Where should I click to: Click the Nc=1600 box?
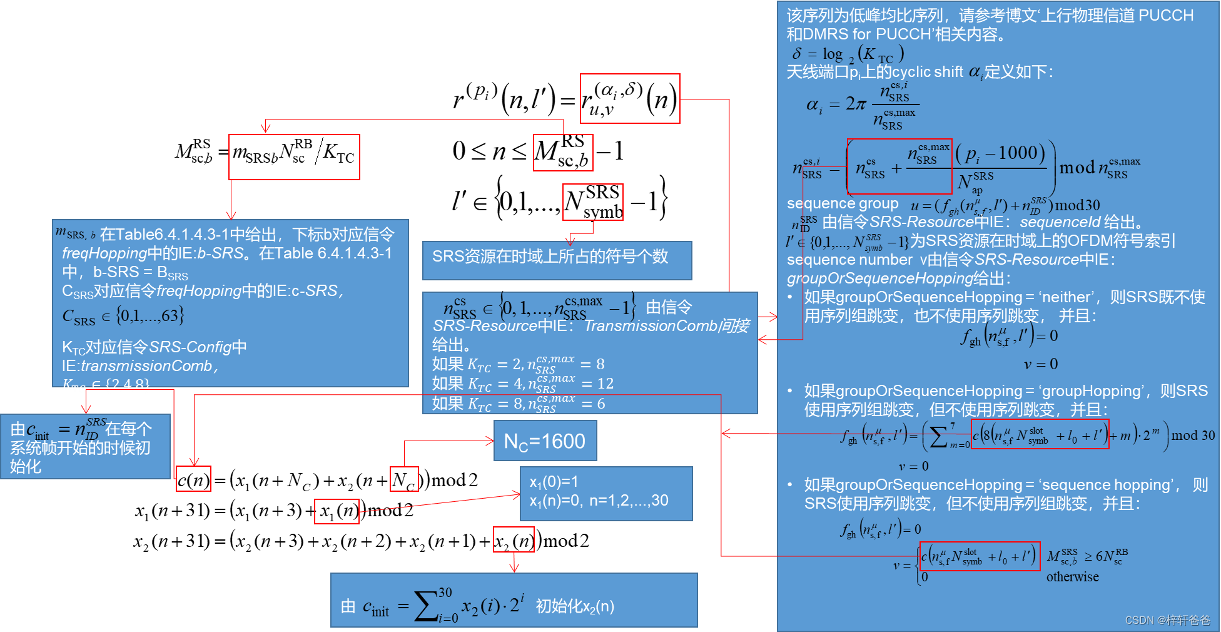click(545, 441)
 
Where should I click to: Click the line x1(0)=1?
click(554, 482)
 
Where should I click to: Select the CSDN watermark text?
click(1167, 620)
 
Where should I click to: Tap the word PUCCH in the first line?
click(1166, 16)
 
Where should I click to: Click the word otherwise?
click(1072, 577)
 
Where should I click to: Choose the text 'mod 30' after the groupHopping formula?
click(1193, 436)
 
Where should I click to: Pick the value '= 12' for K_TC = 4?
click(597, 384)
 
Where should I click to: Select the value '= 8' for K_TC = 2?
click(592, 364)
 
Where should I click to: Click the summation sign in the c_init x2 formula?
click(426, 606)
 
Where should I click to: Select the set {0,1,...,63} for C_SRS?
click(149, 315)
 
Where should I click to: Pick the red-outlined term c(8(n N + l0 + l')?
click(1040, 434)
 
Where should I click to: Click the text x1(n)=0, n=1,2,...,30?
click(599, 501)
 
